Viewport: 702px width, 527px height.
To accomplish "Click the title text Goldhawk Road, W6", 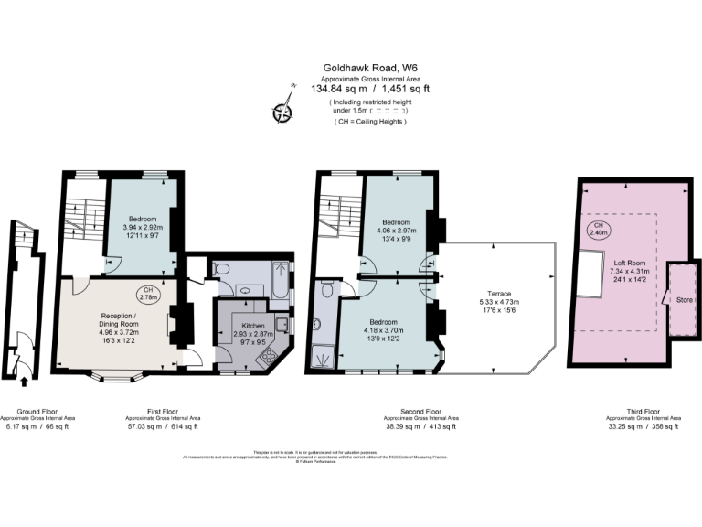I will click(x=370, y=68).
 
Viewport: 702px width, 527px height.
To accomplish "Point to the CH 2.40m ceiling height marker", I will click(x=599, y=230).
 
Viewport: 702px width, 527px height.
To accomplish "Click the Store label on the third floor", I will click(x=683, y=298).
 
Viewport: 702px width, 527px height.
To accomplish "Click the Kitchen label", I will click(x=254, y=325).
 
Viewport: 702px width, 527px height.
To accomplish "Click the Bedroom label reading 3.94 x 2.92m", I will click(x=142, y=219).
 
